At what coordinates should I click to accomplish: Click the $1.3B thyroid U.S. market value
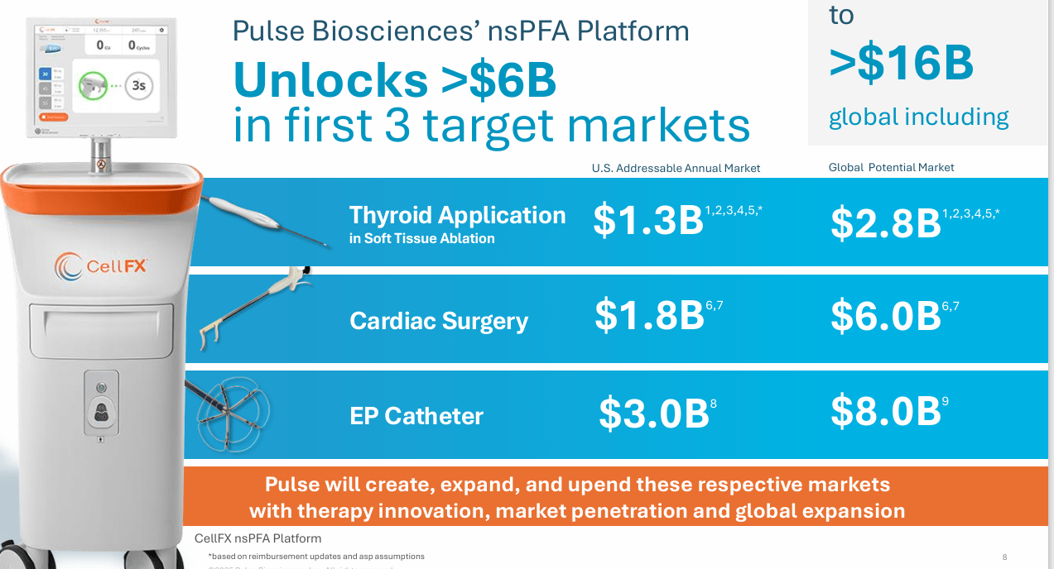pyautogui.click(x=648, y=221)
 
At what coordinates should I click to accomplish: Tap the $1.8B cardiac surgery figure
pyautogui.click(x=649, y=316)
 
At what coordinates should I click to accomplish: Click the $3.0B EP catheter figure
pyautogui.click(x=653, y=413)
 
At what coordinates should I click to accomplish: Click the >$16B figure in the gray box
pyautogui.click(x=901, y=64)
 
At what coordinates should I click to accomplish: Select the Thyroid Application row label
pyautogui.click(x=457, y=216)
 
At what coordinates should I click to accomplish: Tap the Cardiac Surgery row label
pyautogui.click(x=439, y=321)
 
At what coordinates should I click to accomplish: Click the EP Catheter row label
pyautogui.click(x=416, y=415)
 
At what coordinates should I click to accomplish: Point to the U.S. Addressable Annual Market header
pyautogui.click(x=676, y=168)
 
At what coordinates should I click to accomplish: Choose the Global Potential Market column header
pyautogui.click(x=891, y=167)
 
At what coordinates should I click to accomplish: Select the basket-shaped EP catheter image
pyautogui.click(x=229, y=411)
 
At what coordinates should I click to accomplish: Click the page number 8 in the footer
pyautogui.click(x=1004, y=557)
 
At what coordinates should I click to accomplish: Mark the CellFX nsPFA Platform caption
pyautogui.click(x=257, y=538)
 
